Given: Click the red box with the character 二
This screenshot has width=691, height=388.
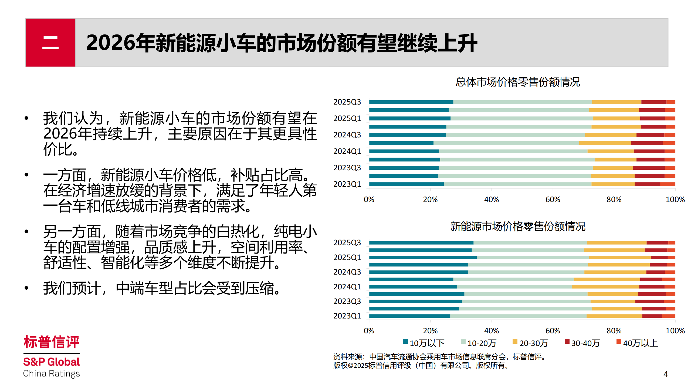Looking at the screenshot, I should (x=50, y=43).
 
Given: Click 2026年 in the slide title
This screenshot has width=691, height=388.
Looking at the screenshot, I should (x=110, y=43).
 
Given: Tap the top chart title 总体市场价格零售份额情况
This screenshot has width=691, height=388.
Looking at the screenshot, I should (x=517, y=82).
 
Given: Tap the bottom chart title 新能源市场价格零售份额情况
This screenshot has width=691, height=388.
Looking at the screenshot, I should (x=517, y=226).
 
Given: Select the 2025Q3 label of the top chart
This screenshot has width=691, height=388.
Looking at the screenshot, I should (x=347, y=102).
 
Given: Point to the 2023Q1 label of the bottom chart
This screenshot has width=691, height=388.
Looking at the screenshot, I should (x=347, y=316).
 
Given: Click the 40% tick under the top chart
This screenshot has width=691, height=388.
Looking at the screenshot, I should (x=491, y=200).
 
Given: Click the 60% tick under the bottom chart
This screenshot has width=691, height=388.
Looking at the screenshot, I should (x=553, y=331).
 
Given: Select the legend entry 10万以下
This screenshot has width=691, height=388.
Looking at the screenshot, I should (x=424, y=343).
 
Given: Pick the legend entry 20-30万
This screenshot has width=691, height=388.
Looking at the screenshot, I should (x=531, y=343).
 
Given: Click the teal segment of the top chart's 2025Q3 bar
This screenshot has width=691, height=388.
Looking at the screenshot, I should (x=411, y=102).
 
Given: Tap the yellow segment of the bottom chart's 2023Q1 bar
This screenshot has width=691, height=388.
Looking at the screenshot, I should (x=614, y=316).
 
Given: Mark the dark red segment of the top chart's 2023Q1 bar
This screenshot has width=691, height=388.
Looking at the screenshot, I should (x=647, y=184).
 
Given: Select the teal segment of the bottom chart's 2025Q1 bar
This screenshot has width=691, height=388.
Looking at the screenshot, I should (x=422, y=258).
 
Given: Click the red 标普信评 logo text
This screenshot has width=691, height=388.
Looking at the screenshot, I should (x=51, y=342).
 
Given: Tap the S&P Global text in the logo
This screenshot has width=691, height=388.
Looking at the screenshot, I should (x=51, y=362).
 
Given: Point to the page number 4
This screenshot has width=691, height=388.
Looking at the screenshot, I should (x=665, y=374).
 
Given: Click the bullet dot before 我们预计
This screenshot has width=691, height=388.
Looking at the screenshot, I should (x=26, y=288).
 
